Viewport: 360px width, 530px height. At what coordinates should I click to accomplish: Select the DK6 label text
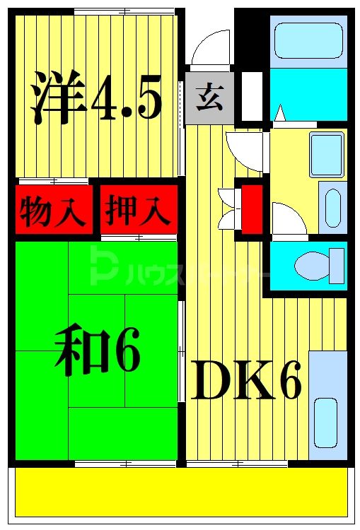[246, 381]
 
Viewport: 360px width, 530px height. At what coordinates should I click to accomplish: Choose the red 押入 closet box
[138, 209]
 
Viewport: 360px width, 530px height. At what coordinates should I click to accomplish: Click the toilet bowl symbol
[312, 266]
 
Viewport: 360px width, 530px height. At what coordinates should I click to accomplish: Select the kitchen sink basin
[325, 423]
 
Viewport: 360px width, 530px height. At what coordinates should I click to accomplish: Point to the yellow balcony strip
[180, 492]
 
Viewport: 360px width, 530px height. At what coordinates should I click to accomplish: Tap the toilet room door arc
[286, 219]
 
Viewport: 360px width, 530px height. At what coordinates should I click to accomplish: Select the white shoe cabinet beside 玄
[251, 95]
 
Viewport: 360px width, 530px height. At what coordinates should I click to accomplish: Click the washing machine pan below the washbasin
[332, 207]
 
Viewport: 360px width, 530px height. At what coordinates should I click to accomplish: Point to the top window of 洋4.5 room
[124, 11]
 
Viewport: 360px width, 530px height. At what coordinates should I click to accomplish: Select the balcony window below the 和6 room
[125, 464]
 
